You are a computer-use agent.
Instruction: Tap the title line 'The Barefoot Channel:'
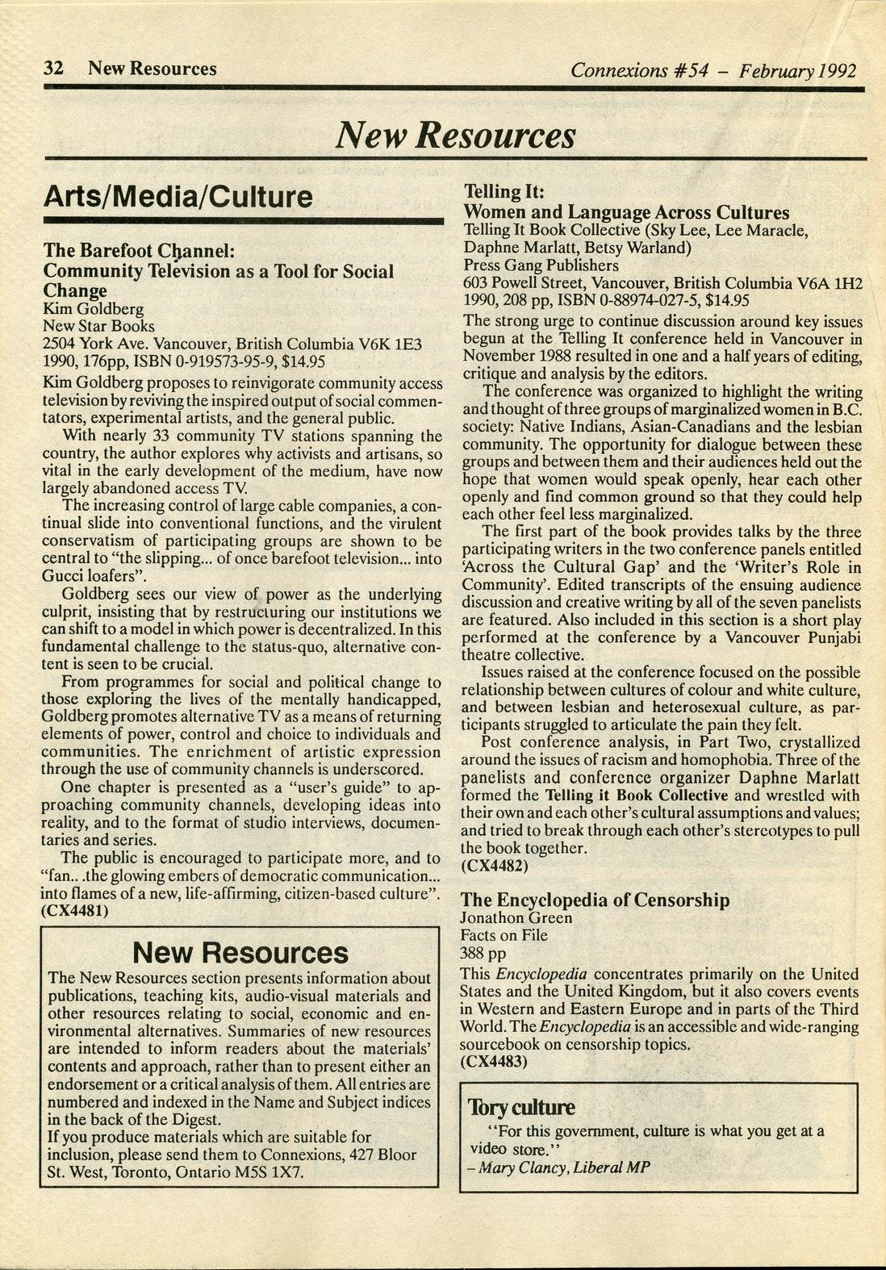[x=138, y=250]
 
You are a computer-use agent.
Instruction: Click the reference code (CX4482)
[x=495, y=866]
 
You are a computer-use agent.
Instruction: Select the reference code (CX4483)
[x=494, y=1062]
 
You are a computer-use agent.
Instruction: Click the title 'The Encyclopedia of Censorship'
[x=595, y=900]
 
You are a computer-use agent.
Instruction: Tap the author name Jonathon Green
[x=516, y=917]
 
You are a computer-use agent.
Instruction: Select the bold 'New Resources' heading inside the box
[x=240, y=953]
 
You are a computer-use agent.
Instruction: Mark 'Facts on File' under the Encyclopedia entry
[x=504, y=935]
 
